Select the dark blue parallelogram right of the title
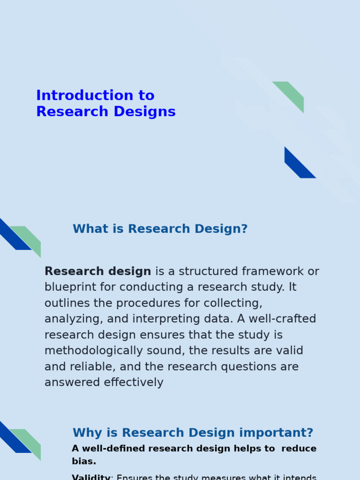pos(299,164)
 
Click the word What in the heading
pos(87,229)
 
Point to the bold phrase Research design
pos(97,271)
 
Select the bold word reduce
pos(299,449)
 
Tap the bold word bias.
pos(84,461)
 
